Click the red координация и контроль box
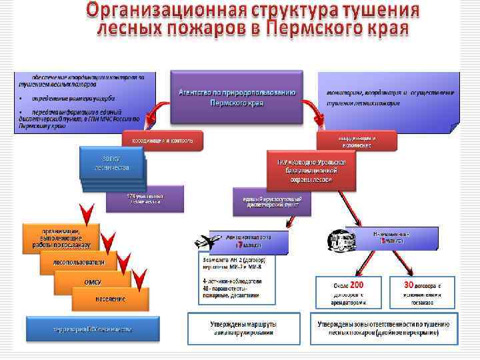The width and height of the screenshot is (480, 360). click(163, 141)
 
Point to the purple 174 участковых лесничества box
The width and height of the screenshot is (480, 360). click(145, 199)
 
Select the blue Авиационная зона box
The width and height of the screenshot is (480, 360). click(257, 241)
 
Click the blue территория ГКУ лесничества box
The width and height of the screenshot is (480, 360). click(93, 329)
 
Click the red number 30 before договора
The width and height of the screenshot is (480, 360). click(409, 284)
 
